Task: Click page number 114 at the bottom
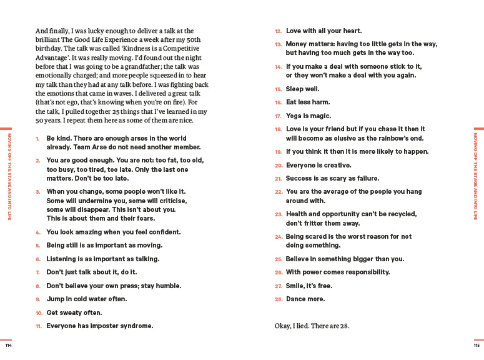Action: (x=8, y=346)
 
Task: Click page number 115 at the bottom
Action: (x=477, y=346)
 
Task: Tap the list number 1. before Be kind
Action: (x=38, y=138)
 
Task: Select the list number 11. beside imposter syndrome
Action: (x=38, y=326)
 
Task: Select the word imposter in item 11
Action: (x=107, y=326)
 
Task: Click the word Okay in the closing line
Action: (x=284, y=326)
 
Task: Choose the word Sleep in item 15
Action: (x=296, y=89)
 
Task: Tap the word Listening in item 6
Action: (x=63, y=259)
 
